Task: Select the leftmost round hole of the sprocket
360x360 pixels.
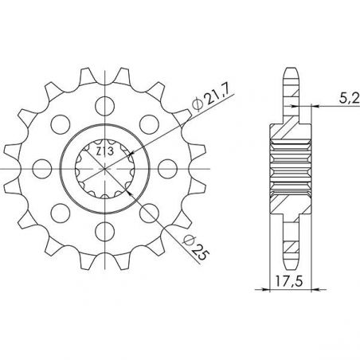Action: (x=38, y=168)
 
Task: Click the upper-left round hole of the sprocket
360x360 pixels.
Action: (x=57, y=123)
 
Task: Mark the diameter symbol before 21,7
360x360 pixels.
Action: (x=195, y=109)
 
